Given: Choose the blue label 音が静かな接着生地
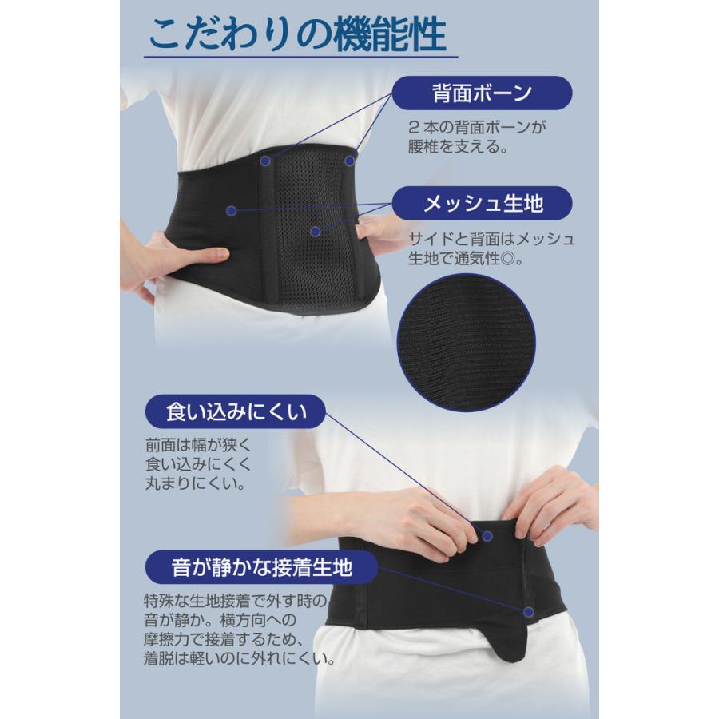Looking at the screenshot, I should [262, 568].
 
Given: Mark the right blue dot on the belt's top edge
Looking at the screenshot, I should [349, 161].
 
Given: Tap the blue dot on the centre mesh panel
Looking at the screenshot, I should [316, 231].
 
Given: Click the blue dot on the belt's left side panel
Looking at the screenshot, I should [230, 211].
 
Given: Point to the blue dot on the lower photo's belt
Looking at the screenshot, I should [530, 611].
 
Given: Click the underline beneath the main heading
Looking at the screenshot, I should [299, 58].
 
